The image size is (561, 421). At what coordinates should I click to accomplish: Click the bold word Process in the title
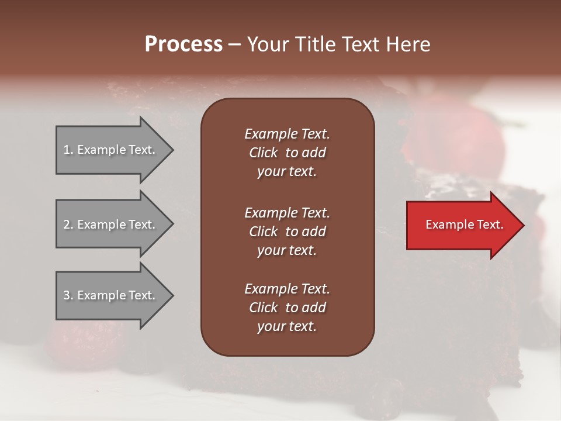click(183, 44)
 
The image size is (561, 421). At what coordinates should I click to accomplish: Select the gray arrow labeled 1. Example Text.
click(111, 150)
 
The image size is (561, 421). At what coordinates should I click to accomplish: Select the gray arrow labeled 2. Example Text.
click(111, 225)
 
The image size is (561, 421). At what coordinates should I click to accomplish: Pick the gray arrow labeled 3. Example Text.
click(111, 295)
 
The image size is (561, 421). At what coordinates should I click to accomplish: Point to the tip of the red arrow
click(523, 225)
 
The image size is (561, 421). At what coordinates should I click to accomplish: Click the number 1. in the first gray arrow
click(68, 150)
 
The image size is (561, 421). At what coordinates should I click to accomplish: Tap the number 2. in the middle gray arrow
click(68, 225)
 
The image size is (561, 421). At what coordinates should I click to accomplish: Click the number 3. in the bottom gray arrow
click(68, 295)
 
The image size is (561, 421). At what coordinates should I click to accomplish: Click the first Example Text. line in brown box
click(287, 134)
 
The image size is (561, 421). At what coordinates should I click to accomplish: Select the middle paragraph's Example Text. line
click(287, 212)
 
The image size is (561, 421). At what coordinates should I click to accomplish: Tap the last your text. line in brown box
click(286, 327)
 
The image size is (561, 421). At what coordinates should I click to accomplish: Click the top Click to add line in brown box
click(287, 153)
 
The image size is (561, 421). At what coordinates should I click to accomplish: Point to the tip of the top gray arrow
click(172, 150)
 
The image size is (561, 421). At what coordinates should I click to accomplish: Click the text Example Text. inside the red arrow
click(464, 225)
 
